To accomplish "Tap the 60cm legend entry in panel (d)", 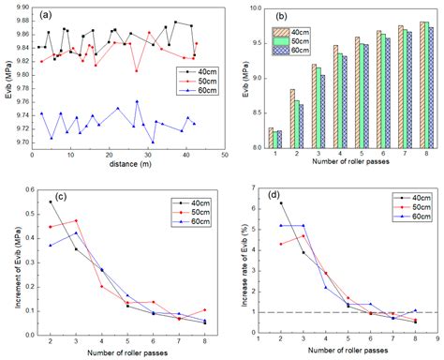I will pyautogui.click(x=418, y=216).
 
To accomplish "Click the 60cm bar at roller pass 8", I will pyautogui.click(x=430, y=87).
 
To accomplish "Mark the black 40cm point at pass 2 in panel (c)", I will pyautogui.click(x=51, y=202).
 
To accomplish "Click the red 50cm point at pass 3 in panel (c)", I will pyautogui.click(x=76, y=221).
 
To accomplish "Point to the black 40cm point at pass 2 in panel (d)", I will pyautogui.click(x=280, y=202).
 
